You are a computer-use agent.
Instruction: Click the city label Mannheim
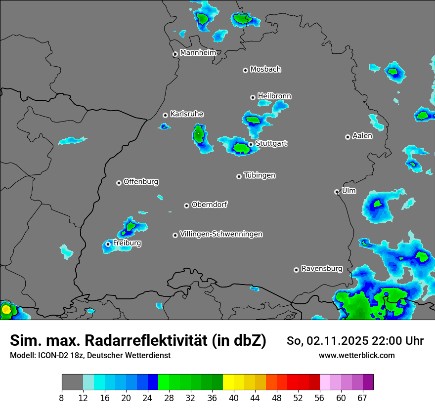tap(198, 52)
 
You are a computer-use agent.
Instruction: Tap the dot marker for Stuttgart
tap(251, 144)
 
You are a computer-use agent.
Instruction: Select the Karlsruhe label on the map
tap(187, 114)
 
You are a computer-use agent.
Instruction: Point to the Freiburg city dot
tap(108, 244)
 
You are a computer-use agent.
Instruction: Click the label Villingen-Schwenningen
tap(221, 234)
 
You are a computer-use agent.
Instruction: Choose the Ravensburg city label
tap(322, 269)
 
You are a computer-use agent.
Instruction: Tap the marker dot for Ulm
tap(337, 192)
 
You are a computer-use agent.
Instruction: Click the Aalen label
tap(362, 136)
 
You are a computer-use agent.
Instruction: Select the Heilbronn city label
tap(274, 96)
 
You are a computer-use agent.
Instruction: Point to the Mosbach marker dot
tap(245, 70)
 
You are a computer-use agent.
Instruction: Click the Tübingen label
tap(260, 175)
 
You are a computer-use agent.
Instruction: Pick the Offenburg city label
tap(141, 182)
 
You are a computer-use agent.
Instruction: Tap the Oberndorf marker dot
tap(186, 205)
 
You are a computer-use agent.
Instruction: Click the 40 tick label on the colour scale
tap(234, 398)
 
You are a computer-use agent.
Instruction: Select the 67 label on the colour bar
tap(362, 398)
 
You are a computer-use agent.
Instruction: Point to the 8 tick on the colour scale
tap(62, 398)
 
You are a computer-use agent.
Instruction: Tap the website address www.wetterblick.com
tap(357, 356)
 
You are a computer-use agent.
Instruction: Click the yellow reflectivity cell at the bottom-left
tap(6, 310)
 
